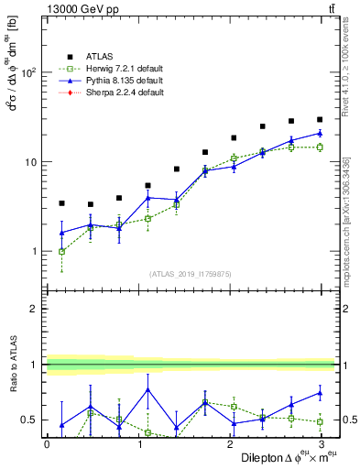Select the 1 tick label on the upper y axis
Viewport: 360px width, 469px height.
pyautogui.click(x=35, y=251)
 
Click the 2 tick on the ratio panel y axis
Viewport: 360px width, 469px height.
pyautogui.click(x=35, y=309)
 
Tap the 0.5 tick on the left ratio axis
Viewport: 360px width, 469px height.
pyautogui.click(x=31, y=420)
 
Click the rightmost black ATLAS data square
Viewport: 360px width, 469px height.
pyautogui.click(x=319, y=119)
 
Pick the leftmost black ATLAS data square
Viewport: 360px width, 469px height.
pyautogui.click(x=61, y=203)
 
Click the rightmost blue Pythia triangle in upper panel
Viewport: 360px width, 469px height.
pyautogui.click(x=319, y=133)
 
